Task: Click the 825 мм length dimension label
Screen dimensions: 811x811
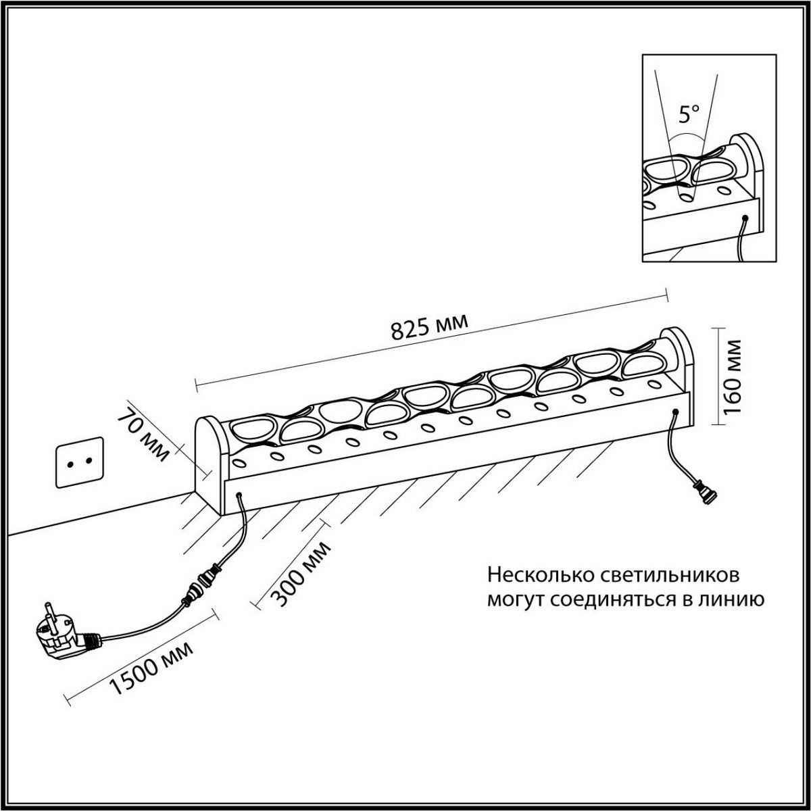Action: pos(429,327)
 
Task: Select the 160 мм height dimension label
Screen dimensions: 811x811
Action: pos(733,380)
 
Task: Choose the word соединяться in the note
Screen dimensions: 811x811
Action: pos(611,599)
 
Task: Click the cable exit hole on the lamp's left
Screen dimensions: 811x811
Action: pos(239,496)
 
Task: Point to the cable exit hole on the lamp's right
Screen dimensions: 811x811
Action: pos(675,412)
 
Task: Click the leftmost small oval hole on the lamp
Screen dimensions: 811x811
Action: pos(239,463)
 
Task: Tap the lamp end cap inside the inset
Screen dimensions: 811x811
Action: pos(749,162)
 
